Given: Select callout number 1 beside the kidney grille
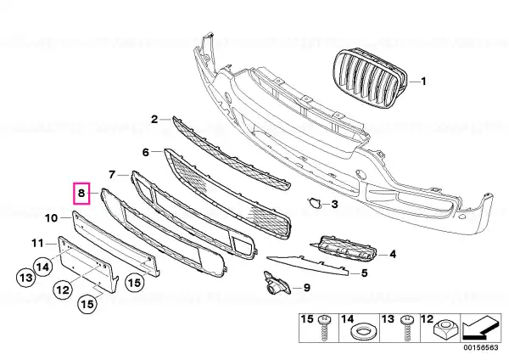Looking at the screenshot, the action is [423, 81].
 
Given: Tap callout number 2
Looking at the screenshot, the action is [154, 119].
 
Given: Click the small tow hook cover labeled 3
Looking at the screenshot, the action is [314, 203].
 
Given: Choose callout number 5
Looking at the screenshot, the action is [364, 273].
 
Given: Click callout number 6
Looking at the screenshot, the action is [146, 152].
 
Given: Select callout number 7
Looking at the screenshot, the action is [112, 175].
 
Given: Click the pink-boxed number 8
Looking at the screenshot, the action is [81, 193].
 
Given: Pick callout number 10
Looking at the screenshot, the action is [51, 218].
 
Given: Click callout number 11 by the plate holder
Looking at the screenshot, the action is [37, 243].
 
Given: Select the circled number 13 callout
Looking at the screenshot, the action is [26, 278].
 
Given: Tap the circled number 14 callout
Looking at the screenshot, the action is [43, 267].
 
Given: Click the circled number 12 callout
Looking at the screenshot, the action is [63, 289].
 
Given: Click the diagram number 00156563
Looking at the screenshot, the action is [483, 347].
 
